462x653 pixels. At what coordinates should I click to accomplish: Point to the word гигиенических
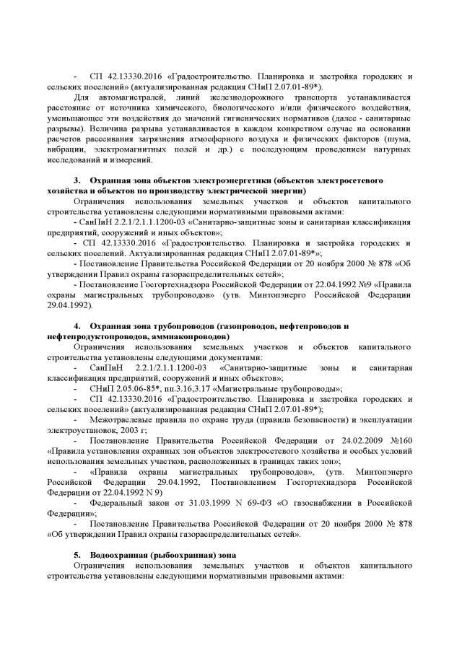click(274, 117)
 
